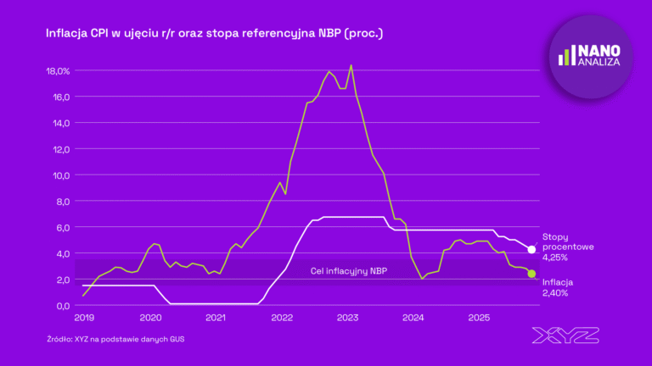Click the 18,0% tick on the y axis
59,71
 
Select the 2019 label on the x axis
83,319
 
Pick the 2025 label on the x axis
479,319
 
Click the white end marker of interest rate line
532,250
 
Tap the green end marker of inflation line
532,274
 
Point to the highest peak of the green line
351,65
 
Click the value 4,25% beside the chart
556,257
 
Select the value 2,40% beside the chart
556,293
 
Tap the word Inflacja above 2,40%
558,282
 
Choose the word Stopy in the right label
556,236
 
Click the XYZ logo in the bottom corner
565,335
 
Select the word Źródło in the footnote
60,339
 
